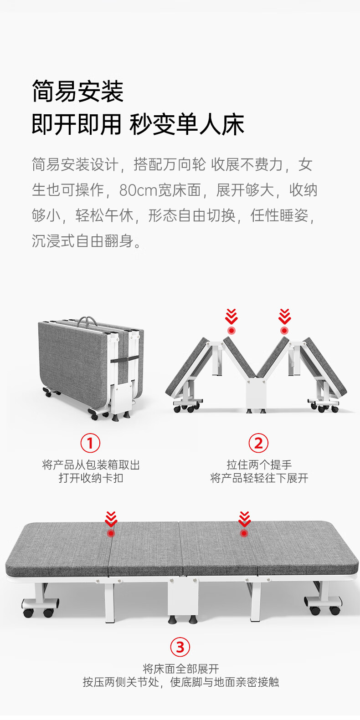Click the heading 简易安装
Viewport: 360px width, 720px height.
point(77,91)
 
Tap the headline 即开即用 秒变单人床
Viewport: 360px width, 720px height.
point(138,124)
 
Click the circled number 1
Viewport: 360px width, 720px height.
point(90,443)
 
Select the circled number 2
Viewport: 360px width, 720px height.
point(259,443)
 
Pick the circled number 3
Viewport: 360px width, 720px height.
point(180,647)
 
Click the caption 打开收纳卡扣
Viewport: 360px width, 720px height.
point(91,478)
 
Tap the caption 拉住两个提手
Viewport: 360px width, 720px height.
point(259,465)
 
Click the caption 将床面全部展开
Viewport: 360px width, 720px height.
point(180,669)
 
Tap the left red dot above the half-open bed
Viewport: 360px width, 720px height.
point(231,331)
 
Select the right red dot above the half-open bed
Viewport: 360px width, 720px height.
point(284,331)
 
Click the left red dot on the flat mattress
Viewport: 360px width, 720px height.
point(111,533)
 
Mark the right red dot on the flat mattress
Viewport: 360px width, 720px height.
point(244,533)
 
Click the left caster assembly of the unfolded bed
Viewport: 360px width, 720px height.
point(40,607)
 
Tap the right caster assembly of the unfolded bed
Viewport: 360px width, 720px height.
point(323,605)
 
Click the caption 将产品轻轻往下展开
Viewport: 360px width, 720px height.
point(259,478)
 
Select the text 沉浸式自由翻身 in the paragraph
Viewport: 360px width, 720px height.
point(82,241)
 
